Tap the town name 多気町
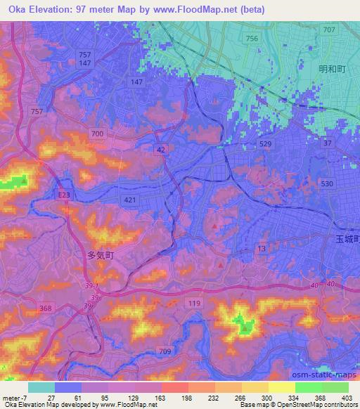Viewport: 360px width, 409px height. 100,257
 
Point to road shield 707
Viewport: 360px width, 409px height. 328,30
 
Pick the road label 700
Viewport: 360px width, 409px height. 98,133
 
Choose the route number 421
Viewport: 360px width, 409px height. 131,200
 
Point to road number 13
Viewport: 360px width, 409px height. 261,249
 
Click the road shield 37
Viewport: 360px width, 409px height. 327,143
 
